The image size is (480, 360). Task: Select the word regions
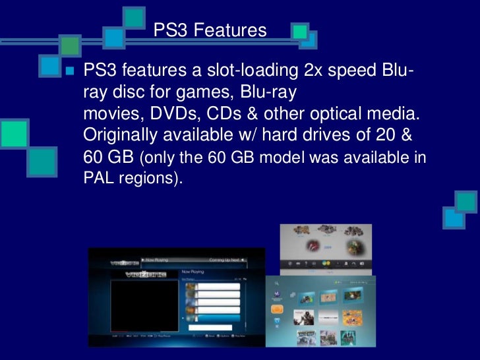pos(150,179)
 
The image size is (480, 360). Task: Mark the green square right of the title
pos(300,30)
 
